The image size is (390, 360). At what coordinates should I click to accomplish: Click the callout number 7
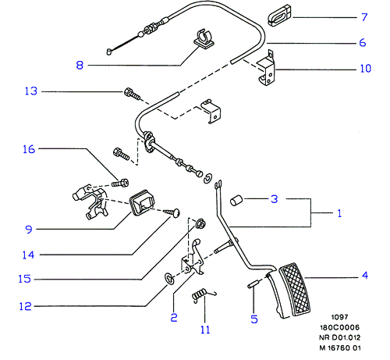click(x=364, y=17)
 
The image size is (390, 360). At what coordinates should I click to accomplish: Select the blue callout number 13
click(x=31, y=91)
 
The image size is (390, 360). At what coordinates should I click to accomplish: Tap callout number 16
click(x=29, y=149)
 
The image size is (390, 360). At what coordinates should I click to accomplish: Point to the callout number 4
click(x=365, y=275)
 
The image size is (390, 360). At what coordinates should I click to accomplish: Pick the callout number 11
click(x=205, y=330)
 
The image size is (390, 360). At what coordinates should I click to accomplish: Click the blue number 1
click(x=339, y=213)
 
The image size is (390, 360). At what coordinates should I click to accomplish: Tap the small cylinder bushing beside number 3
click(x=236, y=201)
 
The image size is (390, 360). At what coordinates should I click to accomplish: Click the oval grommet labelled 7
click(x=279, y=16)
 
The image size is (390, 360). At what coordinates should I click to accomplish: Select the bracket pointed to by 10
click(x=266, y=69)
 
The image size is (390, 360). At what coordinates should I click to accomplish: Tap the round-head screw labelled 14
click(x=172, y=212)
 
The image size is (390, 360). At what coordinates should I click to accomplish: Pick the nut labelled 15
click(x=200, y=223)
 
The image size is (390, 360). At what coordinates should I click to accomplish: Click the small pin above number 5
click(x=253, y=283)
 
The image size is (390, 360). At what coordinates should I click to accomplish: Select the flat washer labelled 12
click(x=169, y=279)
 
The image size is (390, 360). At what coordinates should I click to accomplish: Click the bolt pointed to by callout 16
click(x=120, y=183)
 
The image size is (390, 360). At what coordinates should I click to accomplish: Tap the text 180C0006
click(x=339, y=327)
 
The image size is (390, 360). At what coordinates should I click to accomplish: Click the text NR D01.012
click(x=340, y=337)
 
